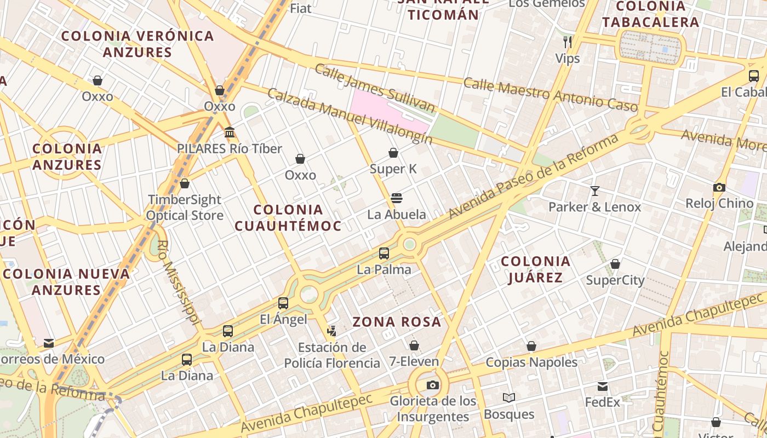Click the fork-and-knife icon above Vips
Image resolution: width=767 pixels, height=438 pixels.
tap(568, 42)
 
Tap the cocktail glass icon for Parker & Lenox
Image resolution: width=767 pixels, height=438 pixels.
tap(595, 191)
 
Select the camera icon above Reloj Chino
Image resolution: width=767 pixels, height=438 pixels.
tap(719, 188)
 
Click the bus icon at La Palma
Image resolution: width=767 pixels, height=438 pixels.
tap(384, 253)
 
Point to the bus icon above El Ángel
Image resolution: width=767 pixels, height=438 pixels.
tap(283, 303)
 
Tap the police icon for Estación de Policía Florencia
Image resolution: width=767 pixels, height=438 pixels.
tap(331, 330)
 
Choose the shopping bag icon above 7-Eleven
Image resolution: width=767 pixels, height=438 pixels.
tap(414, 345)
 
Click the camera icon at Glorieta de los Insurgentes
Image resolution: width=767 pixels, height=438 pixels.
tap(433, 385)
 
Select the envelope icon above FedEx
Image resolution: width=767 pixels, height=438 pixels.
tap(603, 387)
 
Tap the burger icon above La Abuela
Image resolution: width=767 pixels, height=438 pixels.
tap(397, 198)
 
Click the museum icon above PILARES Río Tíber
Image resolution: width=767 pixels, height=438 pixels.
tap(230, 132)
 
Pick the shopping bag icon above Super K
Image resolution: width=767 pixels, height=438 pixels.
tap(393, 153)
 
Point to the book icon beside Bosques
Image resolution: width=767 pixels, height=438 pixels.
tap(509, 398)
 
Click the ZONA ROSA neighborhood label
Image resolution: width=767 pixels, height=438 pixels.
tap(397, 322)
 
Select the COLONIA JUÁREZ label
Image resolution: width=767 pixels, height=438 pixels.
tap(536, 269)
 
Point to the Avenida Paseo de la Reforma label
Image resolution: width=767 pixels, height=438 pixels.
tap(534, 176)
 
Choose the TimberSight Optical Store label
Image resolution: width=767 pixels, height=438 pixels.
tap(185, 208)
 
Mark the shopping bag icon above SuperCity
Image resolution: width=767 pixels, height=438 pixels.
tap(615, 264)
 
